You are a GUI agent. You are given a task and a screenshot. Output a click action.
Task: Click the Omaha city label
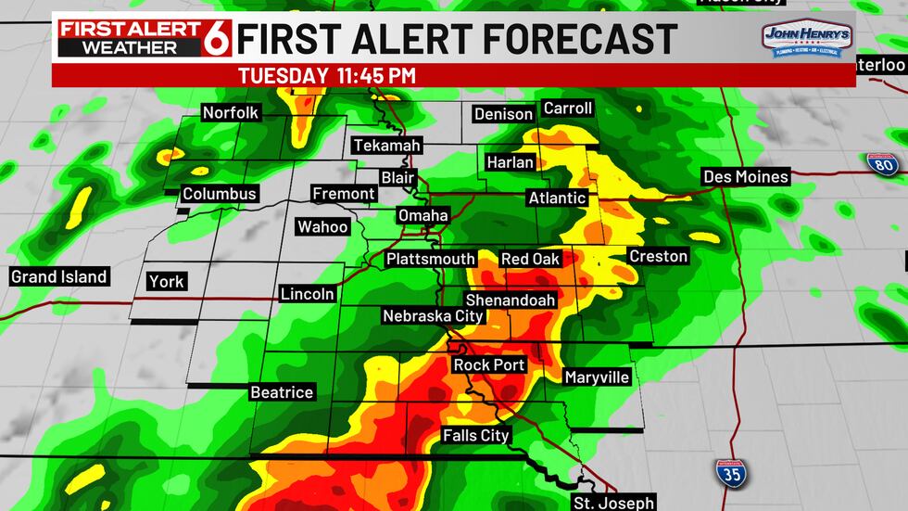tap(422, 215)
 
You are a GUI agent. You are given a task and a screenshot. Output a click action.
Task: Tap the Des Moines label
tap(745, 176)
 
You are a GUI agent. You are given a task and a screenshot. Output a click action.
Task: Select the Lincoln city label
tap(308, 294)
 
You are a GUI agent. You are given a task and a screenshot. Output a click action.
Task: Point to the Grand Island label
tap(58, 276)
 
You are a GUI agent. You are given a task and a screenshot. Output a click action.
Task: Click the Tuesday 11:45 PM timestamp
tap(327, 75)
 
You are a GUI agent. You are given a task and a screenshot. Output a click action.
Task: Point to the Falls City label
tap(476, 435)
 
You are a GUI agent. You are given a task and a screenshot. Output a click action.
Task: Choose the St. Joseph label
tap(612, 503)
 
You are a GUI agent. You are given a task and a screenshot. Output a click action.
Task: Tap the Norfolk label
tap(231, 113)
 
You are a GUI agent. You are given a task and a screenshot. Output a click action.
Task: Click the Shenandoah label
tap(510, 300)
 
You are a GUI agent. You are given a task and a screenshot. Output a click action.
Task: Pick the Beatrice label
tap(282, 392)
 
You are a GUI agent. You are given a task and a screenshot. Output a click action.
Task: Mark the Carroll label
tap(567, 109)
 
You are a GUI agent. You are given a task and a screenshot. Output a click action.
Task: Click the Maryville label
tap(597, 377)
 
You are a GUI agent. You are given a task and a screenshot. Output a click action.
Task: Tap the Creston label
tap(658, 256)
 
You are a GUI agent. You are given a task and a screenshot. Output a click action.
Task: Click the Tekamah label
tap(386, 146)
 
